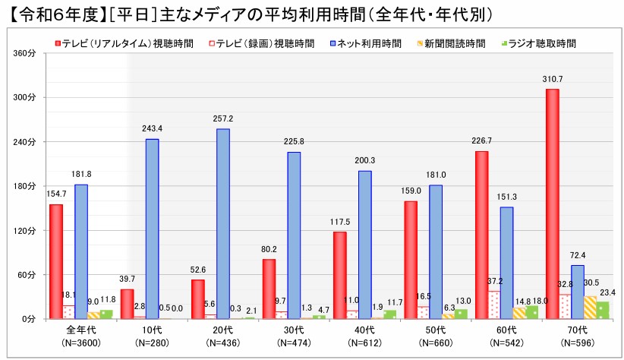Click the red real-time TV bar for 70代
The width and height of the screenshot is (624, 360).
pos(552,204)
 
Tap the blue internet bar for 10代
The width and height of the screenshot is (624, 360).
pos(152,229)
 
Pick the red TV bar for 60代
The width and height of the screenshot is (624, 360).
pos(481,235)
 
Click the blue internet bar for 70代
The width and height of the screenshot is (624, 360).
pos(578,292)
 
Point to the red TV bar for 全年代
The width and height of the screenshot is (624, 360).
pos(55,261)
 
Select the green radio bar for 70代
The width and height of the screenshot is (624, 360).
pos(602,310)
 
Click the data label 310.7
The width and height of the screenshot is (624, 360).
pos(552,79)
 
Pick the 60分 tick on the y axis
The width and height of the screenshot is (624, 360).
pos(27,274)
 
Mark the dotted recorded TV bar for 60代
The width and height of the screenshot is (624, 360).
pos(494,305)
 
